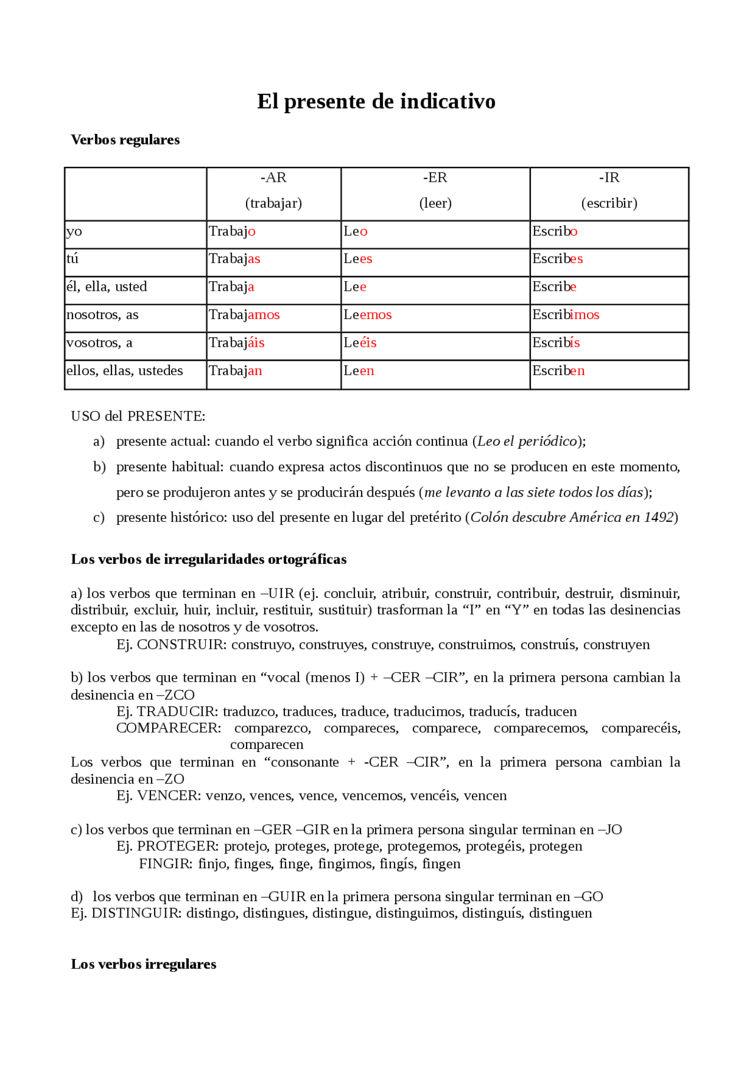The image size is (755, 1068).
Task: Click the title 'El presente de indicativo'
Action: (376, 101)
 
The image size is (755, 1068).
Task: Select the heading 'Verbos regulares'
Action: (125, 140)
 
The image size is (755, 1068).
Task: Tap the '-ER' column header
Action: (435, 178)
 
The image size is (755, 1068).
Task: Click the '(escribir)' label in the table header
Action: (609, 203)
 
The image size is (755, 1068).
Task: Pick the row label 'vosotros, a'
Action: (99, 343)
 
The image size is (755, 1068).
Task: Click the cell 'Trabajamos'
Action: (244, 315)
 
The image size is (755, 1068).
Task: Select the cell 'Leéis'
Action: (360, 343)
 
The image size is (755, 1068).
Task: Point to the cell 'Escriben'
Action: (558, 371)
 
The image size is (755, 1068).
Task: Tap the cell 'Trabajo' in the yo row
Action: (232, 231)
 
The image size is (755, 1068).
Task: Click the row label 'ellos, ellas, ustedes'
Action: (124, 371)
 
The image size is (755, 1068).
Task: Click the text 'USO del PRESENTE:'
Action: (138, 416)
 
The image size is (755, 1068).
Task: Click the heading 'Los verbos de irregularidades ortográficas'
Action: (209, 559)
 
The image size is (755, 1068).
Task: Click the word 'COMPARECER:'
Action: (169, 728)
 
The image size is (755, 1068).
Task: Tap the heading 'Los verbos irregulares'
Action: (143, 964)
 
